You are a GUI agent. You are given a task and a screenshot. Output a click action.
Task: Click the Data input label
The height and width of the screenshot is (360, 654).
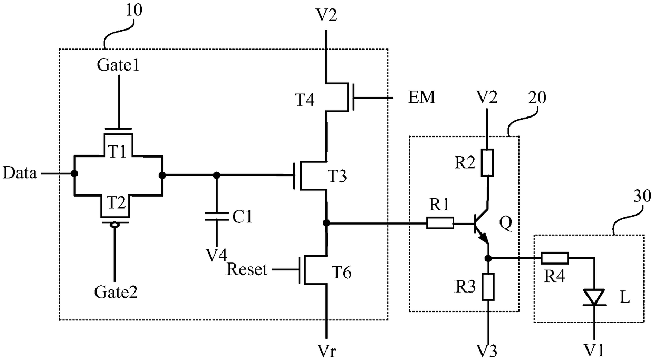[x=20, y=173]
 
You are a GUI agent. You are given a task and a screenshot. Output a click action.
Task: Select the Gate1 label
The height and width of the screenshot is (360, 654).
[x=118, y=65]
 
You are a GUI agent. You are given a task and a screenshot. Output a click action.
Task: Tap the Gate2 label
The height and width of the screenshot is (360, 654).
[x=116, y=291]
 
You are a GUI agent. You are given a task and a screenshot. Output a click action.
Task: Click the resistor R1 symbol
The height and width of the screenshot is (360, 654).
[x=440, y=223]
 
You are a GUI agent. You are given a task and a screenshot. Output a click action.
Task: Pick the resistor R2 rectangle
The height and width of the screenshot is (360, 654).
[x=487, y=162]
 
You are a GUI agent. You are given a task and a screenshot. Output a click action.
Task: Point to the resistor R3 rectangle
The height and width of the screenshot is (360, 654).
[x=488, y=287]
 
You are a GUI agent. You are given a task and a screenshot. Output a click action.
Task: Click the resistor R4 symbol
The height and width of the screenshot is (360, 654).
[x=555, y=258]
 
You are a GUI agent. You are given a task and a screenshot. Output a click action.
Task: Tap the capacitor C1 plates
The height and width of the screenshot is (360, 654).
[x=216, y=217]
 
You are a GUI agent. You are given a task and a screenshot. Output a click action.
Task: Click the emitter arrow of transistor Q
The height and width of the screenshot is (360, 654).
[x=484, y=238]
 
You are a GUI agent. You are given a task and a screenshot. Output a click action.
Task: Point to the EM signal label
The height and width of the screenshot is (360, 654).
[x=421, y=97]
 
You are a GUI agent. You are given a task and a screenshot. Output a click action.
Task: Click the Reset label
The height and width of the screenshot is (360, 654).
[x=247, y=269]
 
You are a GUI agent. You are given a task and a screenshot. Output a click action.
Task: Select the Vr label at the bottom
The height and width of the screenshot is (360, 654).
[x=326, y=351]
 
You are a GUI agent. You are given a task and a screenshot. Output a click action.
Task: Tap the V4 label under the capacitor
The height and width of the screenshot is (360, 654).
[x=216, y=255]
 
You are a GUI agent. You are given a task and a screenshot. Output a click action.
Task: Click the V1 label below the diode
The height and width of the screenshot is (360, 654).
[x=594, y=350]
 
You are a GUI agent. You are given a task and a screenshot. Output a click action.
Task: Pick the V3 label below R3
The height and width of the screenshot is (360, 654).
[x=487, y=351]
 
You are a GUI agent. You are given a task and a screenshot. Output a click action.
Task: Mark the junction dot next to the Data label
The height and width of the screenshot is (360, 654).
[x=74, y=173]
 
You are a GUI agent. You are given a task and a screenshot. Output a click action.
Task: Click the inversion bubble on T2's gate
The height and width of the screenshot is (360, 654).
[x=114, y=225]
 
